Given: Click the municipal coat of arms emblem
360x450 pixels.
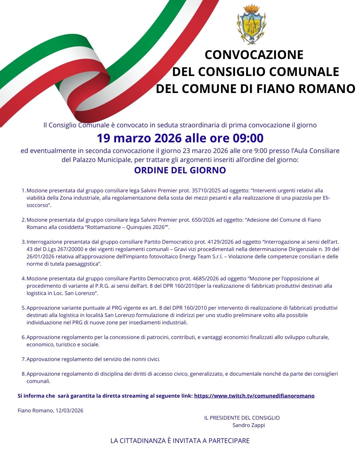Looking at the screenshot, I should point(251,24).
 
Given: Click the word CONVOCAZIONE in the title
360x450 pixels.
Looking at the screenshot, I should point(254,55).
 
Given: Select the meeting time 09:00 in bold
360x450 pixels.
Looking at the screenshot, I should point(247,138).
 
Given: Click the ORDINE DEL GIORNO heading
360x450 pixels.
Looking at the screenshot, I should point(180,170).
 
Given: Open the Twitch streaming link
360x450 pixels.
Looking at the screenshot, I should point(254,396).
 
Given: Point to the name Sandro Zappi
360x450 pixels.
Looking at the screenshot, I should point(249,425).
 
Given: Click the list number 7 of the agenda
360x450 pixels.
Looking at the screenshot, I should point(23,359).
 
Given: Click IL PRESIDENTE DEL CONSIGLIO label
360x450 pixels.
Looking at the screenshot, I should point(242,418).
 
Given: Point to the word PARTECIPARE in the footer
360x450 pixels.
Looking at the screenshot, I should point(229,441).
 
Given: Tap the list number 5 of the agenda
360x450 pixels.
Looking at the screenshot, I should point(23,308).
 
